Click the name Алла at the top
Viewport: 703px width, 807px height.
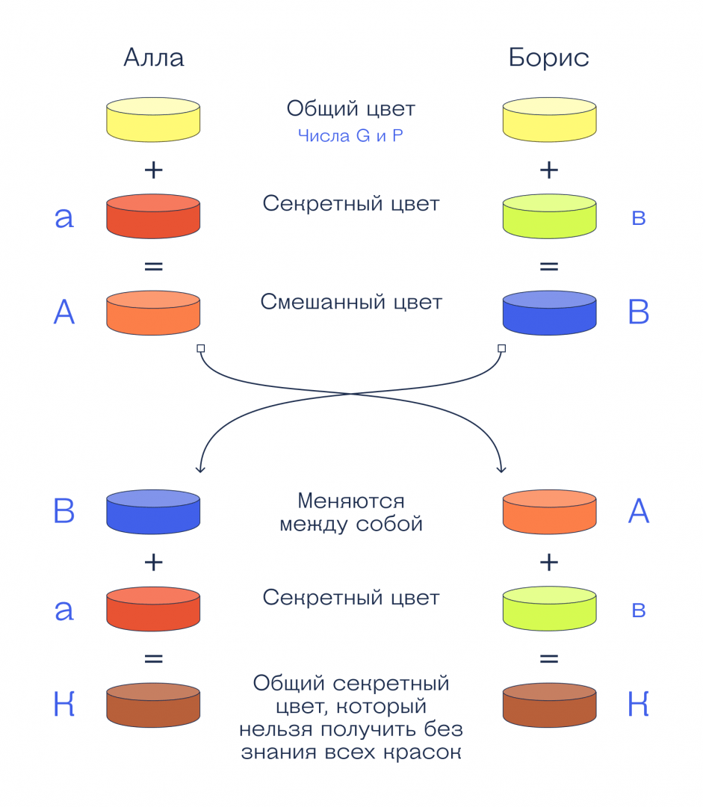[x=153, y=58]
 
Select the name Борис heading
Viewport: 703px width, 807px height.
[x=549, y=58]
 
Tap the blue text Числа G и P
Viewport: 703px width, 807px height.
[x=350, y=137]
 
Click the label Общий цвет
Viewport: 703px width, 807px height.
[x=350, y=109]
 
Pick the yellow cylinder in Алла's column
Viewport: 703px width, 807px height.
[x=153, y=120]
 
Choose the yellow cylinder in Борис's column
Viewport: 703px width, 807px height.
[x=549, y=120]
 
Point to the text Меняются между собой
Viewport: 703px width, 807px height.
[x=350, y=512]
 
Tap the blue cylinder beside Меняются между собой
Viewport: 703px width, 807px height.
[x=153, y=512]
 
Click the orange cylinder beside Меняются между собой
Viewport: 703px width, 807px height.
[x=549, y=512]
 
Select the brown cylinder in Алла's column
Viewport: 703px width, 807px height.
[x=153, y=705]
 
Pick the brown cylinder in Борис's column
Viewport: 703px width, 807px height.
[x=549, y=705]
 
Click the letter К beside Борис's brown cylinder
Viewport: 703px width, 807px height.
[x=638, y=705]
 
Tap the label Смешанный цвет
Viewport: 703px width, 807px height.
[x=351, y=302]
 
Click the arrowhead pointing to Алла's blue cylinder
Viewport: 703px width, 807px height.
[x=199, y=469]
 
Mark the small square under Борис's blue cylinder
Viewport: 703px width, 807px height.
[x=501, y=348]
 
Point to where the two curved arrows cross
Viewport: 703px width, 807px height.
[x=351, y=394]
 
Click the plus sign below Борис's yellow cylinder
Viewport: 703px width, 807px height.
[x=549, y=170]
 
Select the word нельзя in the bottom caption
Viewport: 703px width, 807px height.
[x=272, y=729]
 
